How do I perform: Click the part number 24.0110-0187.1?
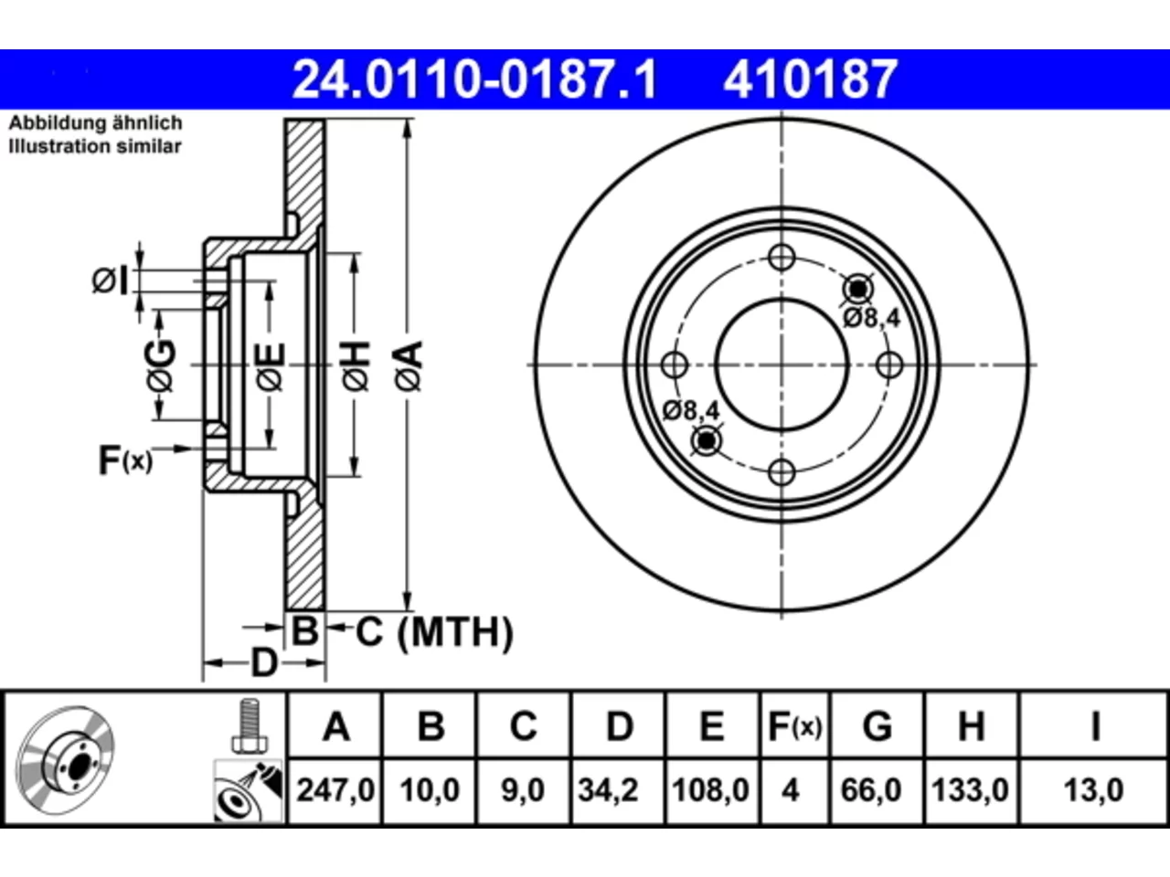click(474, 79)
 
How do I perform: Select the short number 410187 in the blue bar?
click(810, 79)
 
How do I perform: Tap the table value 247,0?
click(335, 789)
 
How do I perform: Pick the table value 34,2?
click(608, 789)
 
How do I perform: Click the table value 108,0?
click(711, 789)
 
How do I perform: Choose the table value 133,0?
click(970, 789)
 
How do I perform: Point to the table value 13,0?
click(1093, 789)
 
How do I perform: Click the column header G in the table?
click(877, 725)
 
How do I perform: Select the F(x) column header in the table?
click(794, 726)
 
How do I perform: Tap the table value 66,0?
click(871, 789)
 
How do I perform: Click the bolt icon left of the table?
click(249, 724)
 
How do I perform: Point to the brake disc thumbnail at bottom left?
click(65, 760)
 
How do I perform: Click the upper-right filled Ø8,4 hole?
click(858, 290)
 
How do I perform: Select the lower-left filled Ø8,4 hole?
click(707, 441)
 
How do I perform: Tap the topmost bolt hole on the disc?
click(782, 258)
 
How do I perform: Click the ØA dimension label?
click(409, 366)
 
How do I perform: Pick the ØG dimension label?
click(161, 366)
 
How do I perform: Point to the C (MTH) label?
click(434, 632)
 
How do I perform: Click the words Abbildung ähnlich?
click(95, 123)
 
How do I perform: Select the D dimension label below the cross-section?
click(264, 663)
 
